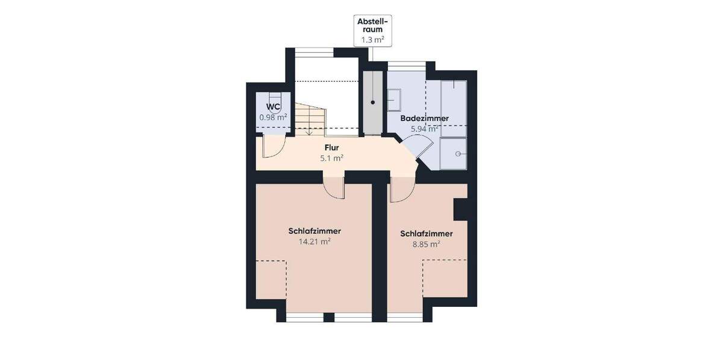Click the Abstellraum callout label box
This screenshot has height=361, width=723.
point(371,31)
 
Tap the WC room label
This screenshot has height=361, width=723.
point(273,107)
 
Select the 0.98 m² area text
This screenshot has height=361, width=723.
point(273,117)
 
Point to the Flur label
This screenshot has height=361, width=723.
point(331,147)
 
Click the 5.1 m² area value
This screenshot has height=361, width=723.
point(331,159)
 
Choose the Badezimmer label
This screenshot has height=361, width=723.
point(425,119)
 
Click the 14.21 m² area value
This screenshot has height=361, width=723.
point(315,241)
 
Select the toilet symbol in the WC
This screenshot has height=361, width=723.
point(275,98)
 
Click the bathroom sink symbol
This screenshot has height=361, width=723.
point(395,100)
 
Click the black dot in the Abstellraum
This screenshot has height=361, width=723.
point(373,103)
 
